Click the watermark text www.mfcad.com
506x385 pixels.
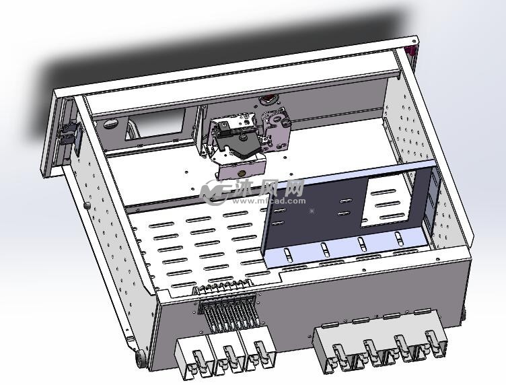coord(268,201)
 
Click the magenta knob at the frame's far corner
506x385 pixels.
coord(411,50)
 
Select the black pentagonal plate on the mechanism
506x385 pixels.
coord(239,145)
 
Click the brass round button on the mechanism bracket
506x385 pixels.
coord(242,173)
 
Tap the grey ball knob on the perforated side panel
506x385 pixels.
coord(86,205)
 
